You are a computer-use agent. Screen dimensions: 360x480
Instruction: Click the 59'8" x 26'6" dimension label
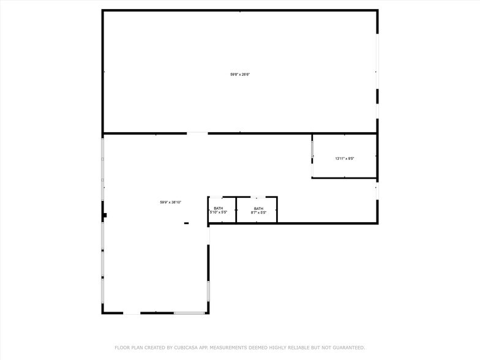point(240,74)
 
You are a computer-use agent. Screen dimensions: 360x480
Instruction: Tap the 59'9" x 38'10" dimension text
point(171,202)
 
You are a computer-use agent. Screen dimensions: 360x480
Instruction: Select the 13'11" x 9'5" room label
point(345,159)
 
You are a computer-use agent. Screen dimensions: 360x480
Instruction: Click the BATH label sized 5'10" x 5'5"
point(219,211)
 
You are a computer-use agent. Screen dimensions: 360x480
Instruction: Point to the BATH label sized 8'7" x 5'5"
point(258,211)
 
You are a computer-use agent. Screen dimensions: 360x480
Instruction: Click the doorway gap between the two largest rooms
point(197,133)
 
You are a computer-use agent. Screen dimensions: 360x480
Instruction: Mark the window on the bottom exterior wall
point(189,313)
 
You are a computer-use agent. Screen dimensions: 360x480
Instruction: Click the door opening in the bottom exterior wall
point(132,313)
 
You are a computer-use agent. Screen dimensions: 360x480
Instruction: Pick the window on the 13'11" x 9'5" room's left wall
point(312,149)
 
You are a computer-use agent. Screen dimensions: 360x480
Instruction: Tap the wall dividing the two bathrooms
point(236,209)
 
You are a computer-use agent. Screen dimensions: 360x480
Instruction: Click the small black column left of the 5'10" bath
point(186,223)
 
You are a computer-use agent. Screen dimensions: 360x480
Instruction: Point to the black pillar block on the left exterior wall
point(105,215)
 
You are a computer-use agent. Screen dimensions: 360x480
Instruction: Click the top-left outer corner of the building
point(102,10)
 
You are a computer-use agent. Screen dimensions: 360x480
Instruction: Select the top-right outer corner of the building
point(377,10)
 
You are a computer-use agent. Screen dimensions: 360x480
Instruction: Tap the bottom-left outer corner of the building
point(102,313)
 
